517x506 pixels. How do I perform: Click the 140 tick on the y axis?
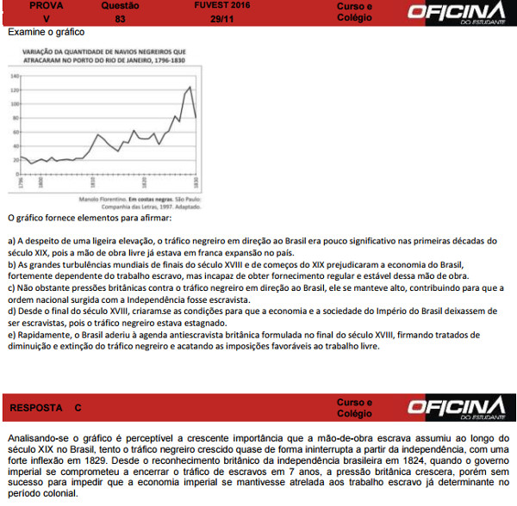[14, 76]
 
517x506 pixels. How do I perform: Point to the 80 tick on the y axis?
[15, 118]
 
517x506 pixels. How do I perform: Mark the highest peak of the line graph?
[190, 87]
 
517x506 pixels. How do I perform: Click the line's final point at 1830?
[196, 117]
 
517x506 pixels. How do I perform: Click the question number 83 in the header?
[120, 17]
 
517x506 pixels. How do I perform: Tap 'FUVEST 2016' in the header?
[221, 5]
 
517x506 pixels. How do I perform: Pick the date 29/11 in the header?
[221, 17]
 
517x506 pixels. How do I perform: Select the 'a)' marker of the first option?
[11, 241]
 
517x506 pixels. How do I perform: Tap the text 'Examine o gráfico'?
[46, 32]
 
